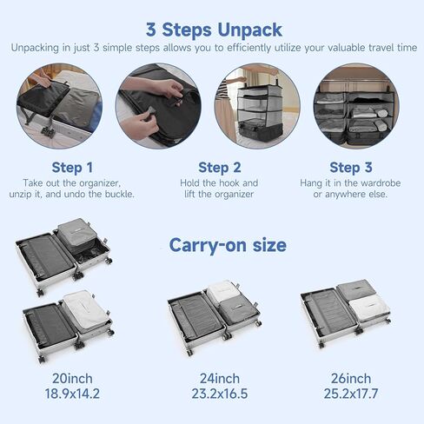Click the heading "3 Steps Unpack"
(214, 30)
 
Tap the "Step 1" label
(72, 168)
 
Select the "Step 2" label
(220, 168)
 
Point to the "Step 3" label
(351, 168)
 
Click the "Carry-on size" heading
(228, 245)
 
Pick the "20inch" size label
(72, 379)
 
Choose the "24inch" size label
(220, 379)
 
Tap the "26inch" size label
(351, 379)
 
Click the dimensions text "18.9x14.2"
(72, 394)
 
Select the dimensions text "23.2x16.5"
(220, 394)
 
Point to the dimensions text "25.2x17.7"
(351, 394)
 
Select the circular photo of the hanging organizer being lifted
(257, 106)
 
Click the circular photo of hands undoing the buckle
(158, 106)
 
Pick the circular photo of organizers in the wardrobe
(356, 106)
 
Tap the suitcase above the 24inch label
(215, 316)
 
